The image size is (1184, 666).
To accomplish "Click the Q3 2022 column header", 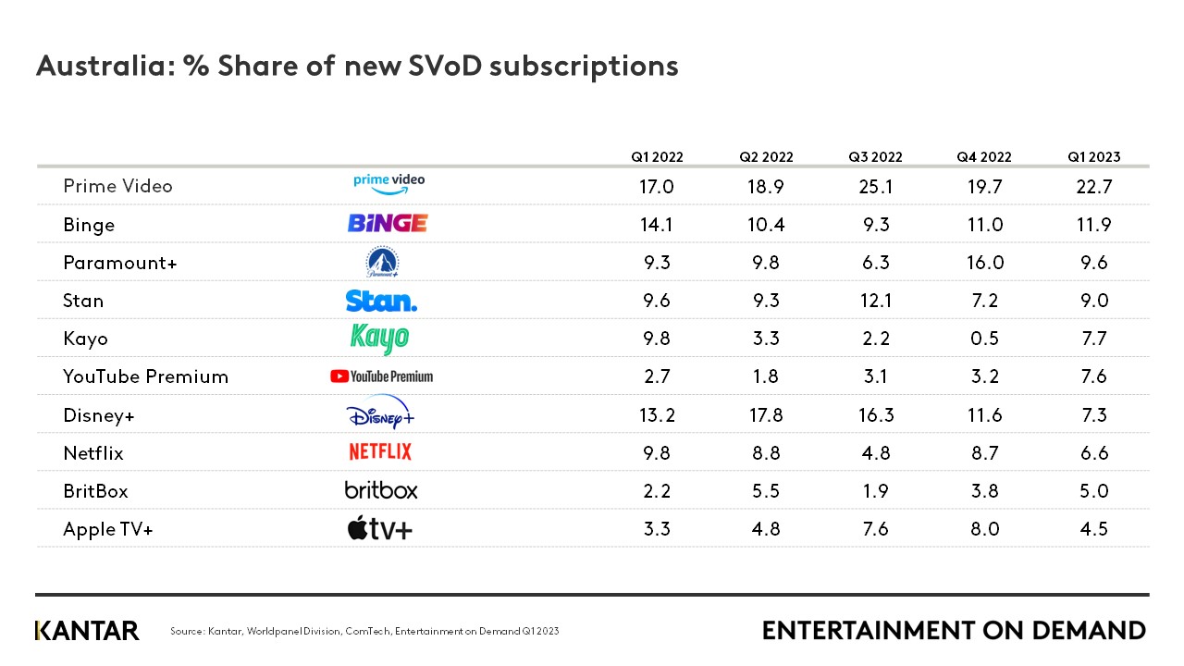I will point(875,157).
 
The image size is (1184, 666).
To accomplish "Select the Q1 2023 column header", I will point(1093,157).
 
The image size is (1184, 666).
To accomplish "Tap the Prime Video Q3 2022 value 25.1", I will point(875,187).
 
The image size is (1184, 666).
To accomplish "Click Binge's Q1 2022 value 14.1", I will point(657,225).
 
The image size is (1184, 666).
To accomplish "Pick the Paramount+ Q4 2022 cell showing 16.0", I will point(984,263).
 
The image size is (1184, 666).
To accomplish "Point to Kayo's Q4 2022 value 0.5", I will point(984,339).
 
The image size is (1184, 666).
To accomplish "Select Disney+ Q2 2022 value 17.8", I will point(766,415).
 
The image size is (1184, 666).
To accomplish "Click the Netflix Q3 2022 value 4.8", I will point(875,453).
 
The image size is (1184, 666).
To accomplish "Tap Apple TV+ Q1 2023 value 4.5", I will point(1093,529).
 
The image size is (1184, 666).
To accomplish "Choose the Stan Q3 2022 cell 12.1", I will point(875,301).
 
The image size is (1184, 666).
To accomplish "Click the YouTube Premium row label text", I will point(145,376).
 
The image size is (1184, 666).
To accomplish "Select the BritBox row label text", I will point(95,491).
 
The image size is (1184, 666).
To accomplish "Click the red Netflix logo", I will point(380,452).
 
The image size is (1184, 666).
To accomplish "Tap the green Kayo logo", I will point(379,339).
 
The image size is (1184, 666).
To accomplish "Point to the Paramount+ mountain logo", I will point(382,263).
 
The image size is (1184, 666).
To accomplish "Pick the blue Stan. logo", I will point(381,301).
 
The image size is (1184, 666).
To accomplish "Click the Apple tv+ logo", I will point(379,529).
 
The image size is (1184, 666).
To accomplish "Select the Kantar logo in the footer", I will point(87,631).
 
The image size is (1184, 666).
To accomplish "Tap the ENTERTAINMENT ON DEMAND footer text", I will point(954,631).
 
